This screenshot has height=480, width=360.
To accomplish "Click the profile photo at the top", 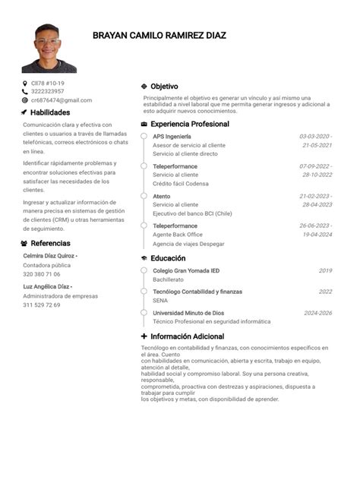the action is coord(49,48).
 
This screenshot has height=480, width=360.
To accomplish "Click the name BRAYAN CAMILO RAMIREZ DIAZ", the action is coord(159,35).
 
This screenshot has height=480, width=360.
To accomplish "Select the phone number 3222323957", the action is coord(47,92).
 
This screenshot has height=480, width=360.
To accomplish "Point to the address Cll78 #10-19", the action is coord(47,84).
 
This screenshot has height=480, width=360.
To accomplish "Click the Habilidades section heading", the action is coord(50,112).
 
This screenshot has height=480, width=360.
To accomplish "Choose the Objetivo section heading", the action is coord(164,87).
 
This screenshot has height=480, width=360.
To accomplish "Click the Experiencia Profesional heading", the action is coord(189,124).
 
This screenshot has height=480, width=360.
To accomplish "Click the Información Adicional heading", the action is coord(187,336).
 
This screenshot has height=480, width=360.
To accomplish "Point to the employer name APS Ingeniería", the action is coord(172,136).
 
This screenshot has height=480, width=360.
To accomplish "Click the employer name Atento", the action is coord(161,196).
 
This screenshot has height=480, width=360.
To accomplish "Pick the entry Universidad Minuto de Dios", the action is coord(188,313).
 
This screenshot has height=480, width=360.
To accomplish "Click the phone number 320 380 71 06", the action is coord(42,274).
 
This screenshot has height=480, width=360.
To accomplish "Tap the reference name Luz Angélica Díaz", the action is coord(47,286).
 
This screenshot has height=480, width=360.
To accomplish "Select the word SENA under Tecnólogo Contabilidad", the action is coord(159,300).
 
